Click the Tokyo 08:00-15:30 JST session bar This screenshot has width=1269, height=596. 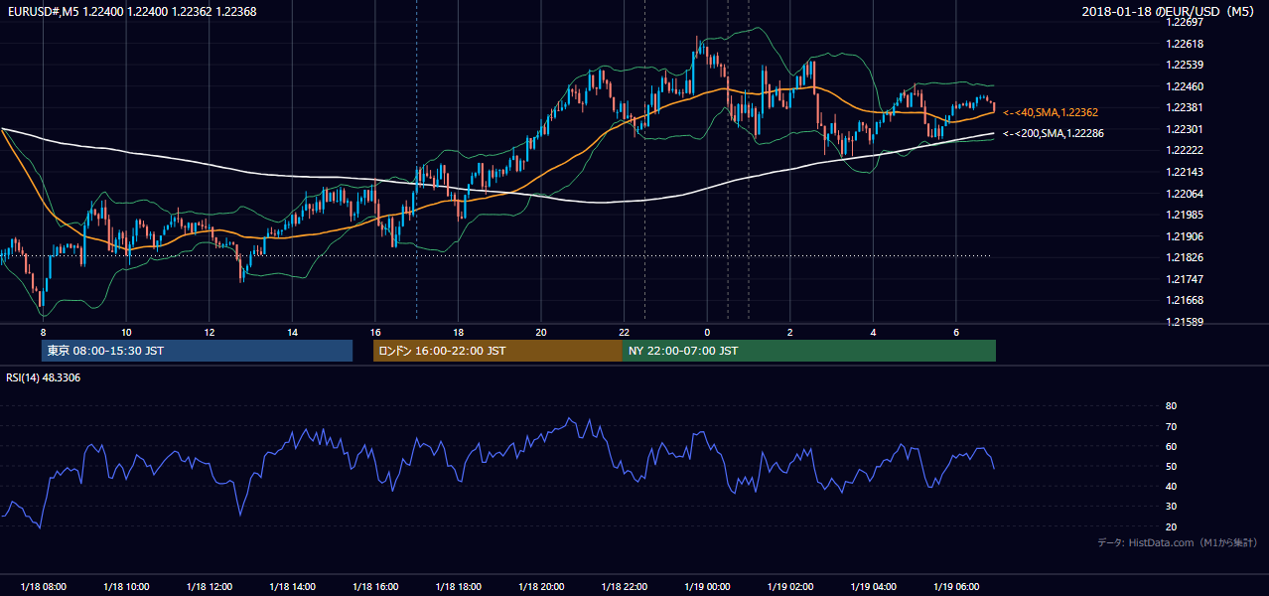coord(197,351)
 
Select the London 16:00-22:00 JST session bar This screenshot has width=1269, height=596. coord(497,351)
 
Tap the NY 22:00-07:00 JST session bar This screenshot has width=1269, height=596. coord(809,351)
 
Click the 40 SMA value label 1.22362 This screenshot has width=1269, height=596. coord(1051,112)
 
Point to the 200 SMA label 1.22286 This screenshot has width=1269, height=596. coord(1054,133)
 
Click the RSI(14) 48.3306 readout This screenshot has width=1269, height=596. coord(43,377)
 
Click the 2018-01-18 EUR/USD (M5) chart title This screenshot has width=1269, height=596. coord(1168,11)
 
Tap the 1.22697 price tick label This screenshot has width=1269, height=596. coord(1185,22)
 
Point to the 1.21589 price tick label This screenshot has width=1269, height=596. coord(1185,322)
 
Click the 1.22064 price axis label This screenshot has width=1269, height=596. coord(1185,194)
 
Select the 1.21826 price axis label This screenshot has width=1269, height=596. coord(1185,257)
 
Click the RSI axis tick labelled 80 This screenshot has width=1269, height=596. coord(1171,405)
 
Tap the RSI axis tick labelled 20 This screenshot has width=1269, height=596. coord(1171,526)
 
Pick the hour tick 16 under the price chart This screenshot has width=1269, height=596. coord(375,333)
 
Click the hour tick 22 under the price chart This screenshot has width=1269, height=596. coord(624,333)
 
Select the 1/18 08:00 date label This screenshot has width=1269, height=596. coord(43,586)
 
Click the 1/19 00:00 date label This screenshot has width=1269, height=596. coord(707,586)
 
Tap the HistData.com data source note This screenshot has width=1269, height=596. coord(1178,542)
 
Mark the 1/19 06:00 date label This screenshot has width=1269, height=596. coord(956,586)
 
